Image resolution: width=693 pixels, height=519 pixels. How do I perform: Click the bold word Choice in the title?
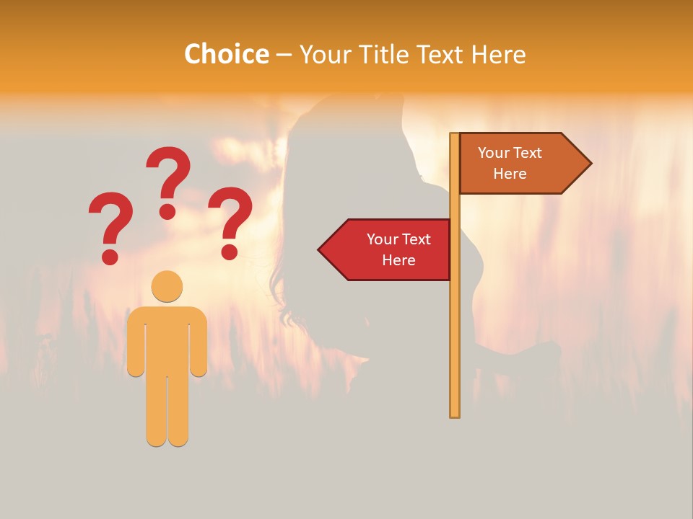pyautogui.click(x=226, y=54)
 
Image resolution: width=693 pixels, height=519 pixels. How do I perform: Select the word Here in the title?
pyautogui.click(x=498, y=55)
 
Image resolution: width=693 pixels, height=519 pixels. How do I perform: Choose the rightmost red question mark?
pyautogui.click(x=230, y=221)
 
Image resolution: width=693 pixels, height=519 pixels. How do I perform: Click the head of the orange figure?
pyautogui.click(x=167, y=286)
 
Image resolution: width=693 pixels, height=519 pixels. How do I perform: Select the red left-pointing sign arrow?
pyautogui.click(x=386, y=249)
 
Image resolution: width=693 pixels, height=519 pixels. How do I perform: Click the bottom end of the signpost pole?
pyautogui.click(x=455, y=414)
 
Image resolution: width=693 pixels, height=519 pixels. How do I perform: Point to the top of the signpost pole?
pyautogui.click(x=455, y=136)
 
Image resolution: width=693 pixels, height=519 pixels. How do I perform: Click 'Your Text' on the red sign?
pyautogui.click(x=398, y=239)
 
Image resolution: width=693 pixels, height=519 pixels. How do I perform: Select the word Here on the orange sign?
pyautogui.click(x=510, y=174)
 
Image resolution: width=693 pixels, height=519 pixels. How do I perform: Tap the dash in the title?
pyautogui.click(x=284, y=56)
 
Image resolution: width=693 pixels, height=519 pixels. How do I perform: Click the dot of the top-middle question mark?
pyautogui.click(x=167, y=211)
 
